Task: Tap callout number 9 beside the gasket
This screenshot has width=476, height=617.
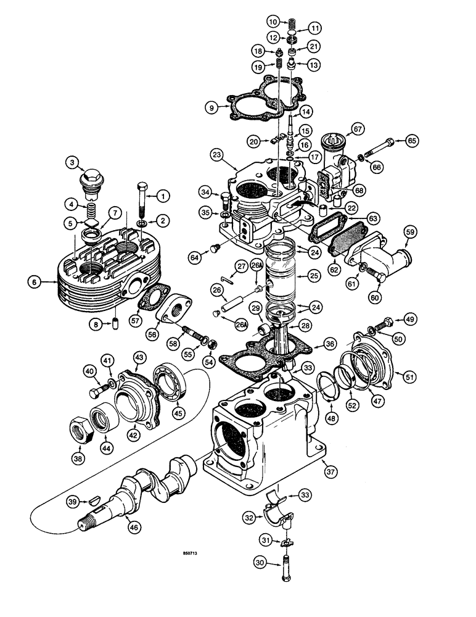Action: click(211, 109)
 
